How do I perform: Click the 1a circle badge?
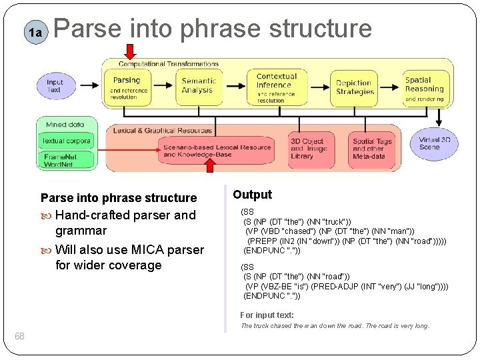point(34,31)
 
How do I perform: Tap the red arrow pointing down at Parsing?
point(130,51)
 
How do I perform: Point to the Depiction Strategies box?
point(353,88)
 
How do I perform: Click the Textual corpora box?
point(66,141)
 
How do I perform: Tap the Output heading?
point(252,195)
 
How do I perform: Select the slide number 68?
point(20,336)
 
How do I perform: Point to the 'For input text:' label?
point(267,315)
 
